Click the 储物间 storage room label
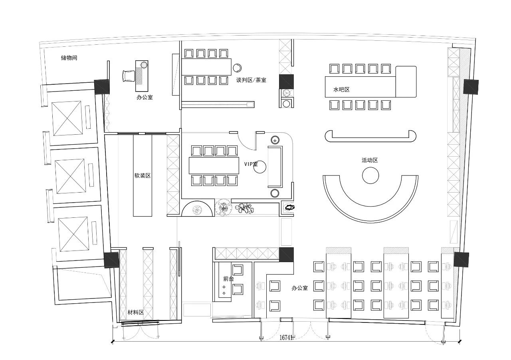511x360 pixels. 69,58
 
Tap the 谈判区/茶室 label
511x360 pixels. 251,80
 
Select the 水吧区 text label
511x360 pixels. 341,90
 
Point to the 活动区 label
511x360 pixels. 370,160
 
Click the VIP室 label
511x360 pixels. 251,164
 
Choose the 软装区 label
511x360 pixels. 143,175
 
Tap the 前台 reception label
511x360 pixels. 229,278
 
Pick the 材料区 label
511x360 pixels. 135,312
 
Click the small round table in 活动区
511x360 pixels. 370,175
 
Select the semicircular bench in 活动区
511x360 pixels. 370,215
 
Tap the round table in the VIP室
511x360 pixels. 260,167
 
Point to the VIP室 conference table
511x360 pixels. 214,165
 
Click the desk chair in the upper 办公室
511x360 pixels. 129,76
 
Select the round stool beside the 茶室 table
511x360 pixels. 237,68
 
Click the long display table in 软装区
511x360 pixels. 143,175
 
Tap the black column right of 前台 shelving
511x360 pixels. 286,255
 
